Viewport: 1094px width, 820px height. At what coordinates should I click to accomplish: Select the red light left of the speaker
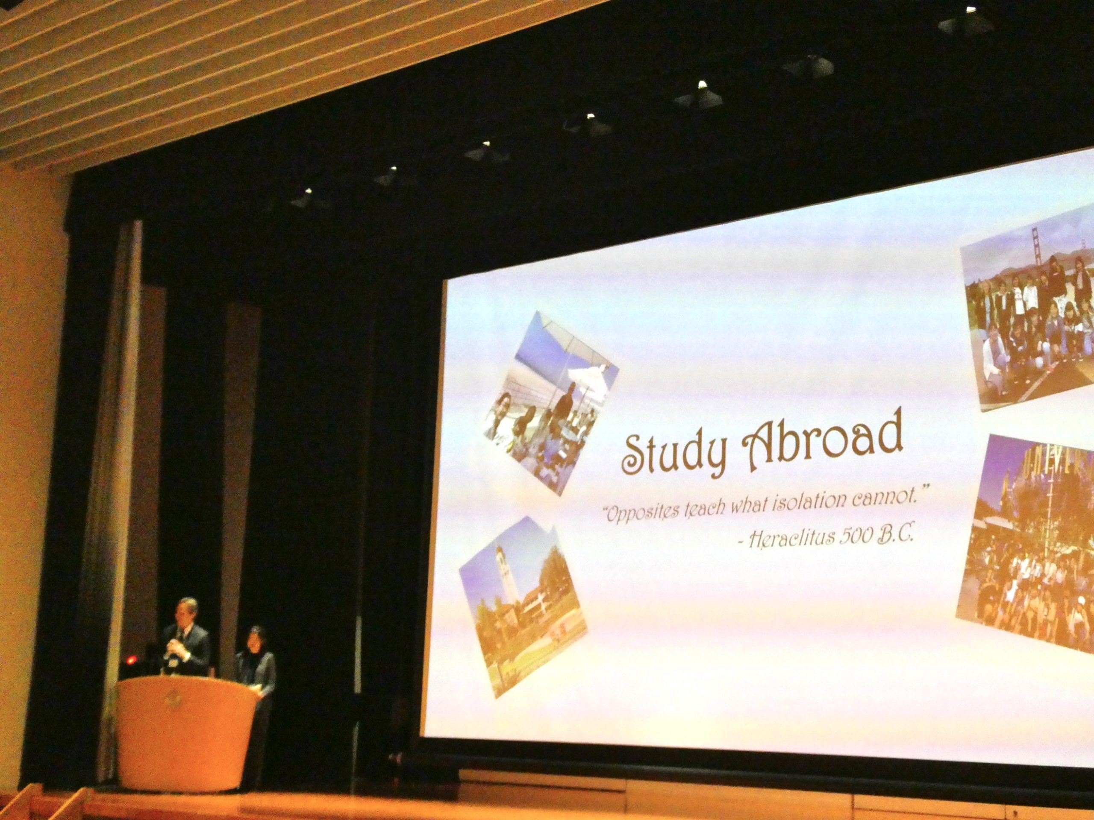pyautogui.click(x=132, y=659)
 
